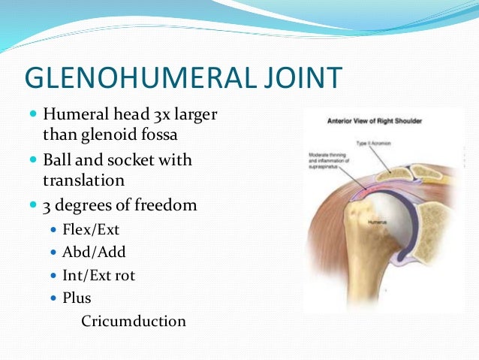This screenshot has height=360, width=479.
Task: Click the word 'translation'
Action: [x=83, y=180]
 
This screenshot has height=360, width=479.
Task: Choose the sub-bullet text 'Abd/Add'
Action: [x=94, y=253]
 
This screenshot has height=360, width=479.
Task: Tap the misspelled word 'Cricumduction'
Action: [x=133, y=321]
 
